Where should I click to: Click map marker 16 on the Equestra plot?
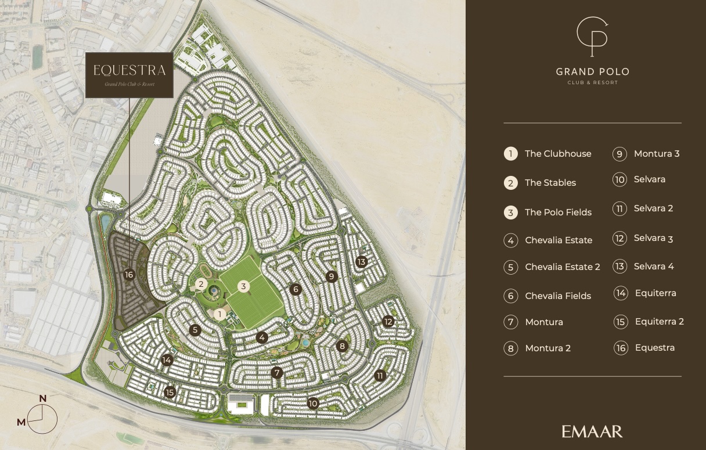pyautogui.click(x=129, y=275)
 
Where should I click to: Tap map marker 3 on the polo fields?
pyautogui.click(x=244, y=286)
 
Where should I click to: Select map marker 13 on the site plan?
pyautogui.click(x=362, y=262)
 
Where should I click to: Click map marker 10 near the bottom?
pyautogui.click(x=314, y=404)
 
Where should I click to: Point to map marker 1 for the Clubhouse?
pyautogui.click(x=219, y=314)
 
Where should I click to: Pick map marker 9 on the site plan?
pyautogui.click(x=332, y=276)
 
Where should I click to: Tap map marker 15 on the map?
pyautogui.click(x=170, y=392)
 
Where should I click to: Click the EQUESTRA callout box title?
pyautogui.click(x=129, y=70)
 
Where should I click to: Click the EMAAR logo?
pyautogui.click(x=592, y=431)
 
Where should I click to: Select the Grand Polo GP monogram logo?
pyautogui.click(x=592, y=37)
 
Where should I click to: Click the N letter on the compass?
pyautogui.click(x=42, y=398)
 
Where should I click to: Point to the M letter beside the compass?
pyautogui.click(x=21, y=422)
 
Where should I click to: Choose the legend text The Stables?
pyautogui.click(x=550, y=183)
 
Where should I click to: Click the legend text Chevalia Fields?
pyautogui.click(x=557, y=296)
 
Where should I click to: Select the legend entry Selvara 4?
pyautogui.click(x=654, y=267)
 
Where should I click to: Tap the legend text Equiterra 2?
pyautogui.click(x=659, y=322)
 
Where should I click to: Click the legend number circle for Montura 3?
pyautogui.click(x=619, y=154)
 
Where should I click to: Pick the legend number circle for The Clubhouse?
pyautogui.click(x=510, y=154)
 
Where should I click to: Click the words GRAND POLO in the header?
pyautogui.click(x=592, y=72)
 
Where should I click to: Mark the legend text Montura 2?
pyautogui.click(x=547, y=348)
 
